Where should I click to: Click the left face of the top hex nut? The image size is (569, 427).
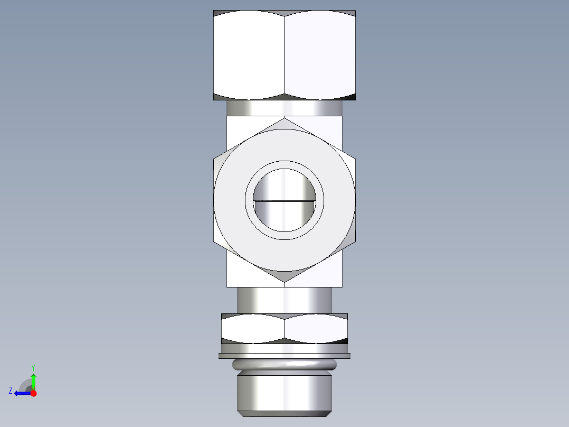coord(249,55)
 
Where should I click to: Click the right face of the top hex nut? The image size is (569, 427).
coord(319,55)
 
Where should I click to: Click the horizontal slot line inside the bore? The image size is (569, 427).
coord(284,201)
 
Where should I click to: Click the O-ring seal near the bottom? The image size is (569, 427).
coord(284,364)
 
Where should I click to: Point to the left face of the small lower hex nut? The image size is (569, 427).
coord(252,328)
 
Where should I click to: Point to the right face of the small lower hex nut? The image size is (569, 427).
coord(316,328)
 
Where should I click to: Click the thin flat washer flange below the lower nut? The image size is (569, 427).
coord(284,356)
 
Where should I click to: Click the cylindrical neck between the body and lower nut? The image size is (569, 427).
coord(284,300)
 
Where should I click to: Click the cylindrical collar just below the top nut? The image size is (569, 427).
coord(284,108)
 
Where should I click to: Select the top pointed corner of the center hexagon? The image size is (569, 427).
coord(284,123)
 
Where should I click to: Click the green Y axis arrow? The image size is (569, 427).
coord(33,379)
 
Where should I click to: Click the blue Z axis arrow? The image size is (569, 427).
coord(21,393)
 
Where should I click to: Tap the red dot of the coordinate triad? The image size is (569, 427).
coord(33,393)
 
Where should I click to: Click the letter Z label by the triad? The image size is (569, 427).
coord(11,390)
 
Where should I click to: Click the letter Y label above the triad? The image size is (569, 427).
coord(33,367)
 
